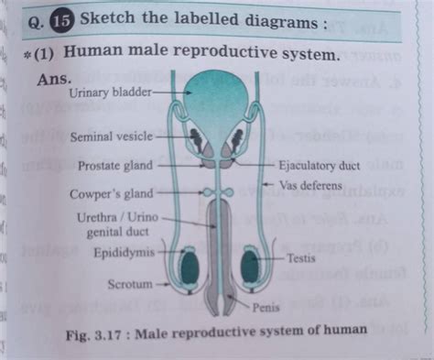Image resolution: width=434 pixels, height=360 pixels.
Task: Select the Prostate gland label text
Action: click(115, 167)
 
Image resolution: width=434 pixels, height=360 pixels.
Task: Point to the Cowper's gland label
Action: click(112, 194)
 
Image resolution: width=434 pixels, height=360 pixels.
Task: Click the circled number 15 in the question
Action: click(61, 19)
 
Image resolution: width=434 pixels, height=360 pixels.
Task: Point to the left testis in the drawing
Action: click(190, 267)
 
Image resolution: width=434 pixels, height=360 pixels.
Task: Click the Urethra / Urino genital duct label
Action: click(110, 225)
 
